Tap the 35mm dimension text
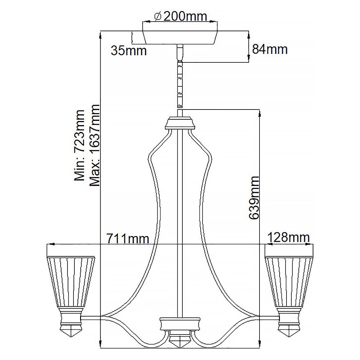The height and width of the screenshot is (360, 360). coord(129,51)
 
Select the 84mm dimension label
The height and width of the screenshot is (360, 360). coord(270,49)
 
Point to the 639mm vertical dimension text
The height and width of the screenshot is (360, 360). coord(254,198)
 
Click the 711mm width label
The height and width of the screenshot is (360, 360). coord(128,239)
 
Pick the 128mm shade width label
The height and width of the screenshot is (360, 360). coord(288,238)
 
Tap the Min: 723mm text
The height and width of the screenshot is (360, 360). coord(80,145)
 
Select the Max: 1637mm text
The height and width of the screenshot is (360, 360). coord(94,145)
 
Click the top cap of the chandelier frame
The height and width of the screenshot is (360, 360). coord(180,123)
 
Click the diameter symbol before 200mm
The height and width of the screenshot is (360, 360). coord(159,16)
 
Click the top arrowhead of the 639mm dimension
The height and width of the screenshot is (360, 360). coord(259,113)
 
